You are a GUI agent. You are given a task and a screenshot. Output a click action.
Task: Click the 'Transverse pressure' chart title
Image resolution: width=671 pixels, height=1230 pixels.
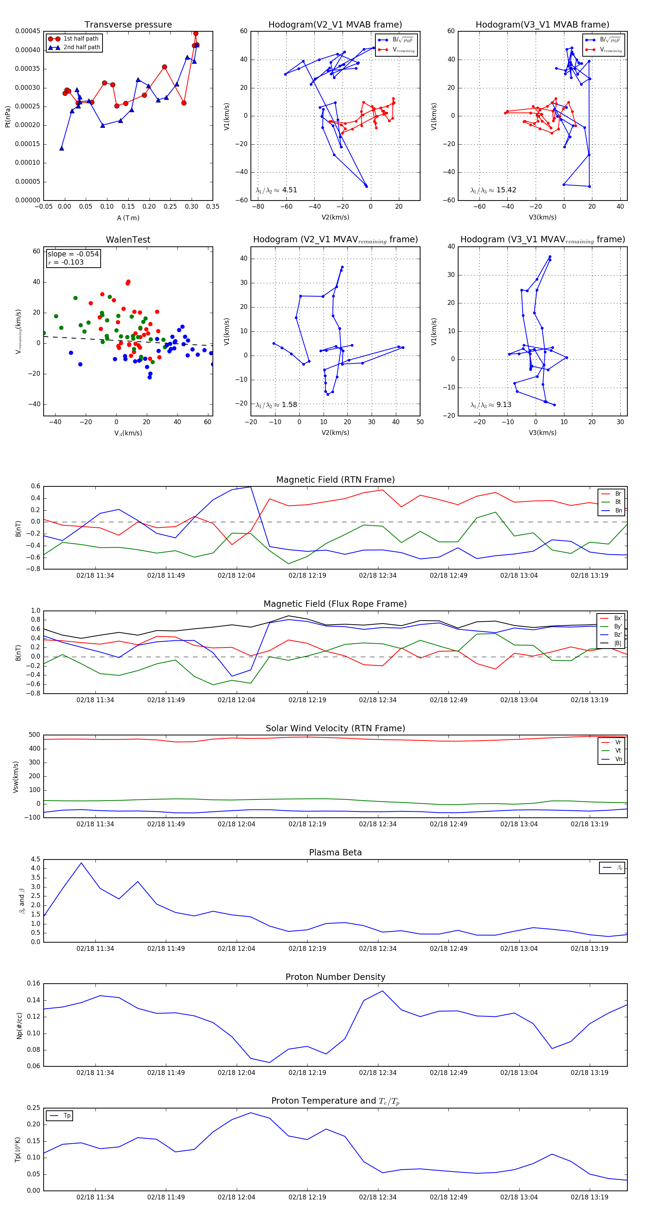128,25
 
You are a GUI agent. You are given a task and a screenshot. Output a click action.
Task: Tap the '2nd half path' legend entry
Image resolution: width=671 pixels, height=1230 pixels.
82,47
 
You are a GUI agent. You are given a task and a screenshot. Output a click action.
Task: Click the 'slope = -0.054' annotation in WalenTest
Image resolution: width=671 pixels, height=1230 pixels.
73,254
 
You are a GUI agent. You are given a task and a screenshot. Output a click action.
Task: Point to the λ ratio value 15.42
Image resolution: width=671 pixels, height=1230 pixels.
506,190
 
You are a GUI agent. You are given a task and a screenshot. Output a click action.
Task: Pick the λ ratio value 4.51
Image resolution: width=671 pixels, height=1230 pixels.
289,190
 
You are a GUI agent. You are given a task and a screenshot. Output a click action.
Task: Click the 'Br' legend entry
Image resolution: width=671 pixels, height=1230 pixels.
618,494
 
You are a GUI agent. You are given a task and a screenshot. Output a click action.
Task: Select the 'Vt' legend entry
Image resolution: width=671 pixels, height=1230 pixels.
618,751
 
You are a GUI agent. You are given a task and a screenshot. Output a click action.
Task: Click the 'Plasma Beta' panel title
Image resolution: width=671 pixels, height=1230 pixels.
335,853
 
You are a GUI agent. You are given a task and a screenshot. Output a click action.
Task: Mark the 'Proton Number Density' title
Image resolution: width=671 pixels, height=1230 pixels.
335,977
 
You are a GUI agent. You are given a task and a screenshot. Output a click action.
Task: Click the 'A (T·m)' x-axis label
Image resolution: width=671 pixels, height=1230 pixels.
128,218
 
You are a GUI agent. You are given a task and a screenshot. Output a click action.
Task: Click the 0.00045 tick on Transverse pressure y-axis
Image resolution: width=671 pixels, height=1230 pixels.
28,32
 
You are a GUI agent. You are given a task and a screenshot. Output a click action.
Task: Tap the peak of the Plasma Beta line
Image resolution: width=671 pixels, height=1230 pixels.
81,863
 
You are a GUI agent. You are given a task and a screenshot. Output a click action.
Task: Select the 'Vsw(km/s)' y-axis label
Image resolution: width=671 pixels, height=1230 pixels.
16,777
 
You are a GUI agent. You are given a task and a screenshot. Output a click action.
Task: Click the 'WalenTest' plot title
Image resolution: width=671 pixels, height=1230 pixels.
128,240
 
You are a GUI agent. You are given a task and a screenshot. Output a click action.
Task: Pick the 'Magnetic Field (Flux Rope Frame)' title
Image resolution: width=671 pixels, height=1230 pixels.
335,604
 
